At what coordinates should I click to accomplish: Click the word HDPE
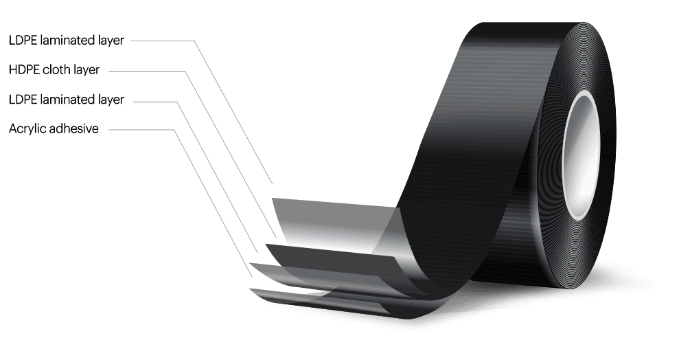24,70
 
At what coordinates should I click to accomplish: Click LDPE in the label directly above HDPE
23,41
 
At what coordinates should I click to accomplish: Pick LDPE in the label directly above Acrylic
23,100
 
